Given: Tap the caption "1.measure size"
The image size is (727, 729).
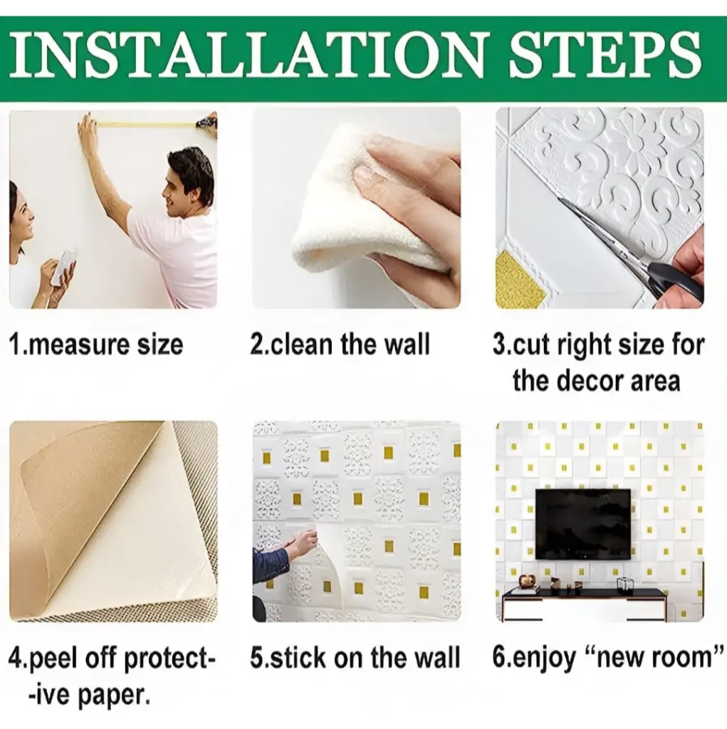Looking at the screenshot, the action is pos(96,345).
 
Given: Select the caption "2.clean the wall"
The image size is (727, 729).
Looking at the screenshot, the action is pos(340,345).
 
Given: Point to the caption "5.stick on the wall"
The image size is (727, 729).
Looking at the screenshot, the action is pos(355,659).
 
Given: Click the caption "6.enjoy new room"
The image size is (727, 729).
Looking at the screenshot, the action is pos(608,659).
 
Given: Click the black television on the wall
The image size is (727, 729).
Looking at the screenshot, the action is pos(583,523).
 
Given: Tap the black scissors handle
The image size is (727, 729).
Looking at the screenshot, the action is pos(675,280).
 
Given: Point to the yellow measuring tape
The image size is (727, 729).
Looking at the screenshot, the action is pos(145,124).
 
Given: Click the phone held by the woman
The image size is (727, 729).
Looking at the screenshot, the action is pos(63,268).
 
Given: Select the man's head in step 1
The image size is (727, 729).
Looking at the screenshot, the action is pos(189,182).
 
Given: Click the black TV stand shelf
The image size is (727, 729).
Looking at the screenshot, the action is pos(584,593).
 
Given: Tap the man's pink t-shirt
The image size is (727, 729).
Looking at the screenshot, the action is pos(179,261).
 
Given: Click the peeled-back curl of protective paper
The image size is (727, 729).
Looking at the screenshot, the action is pos(88,502).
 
